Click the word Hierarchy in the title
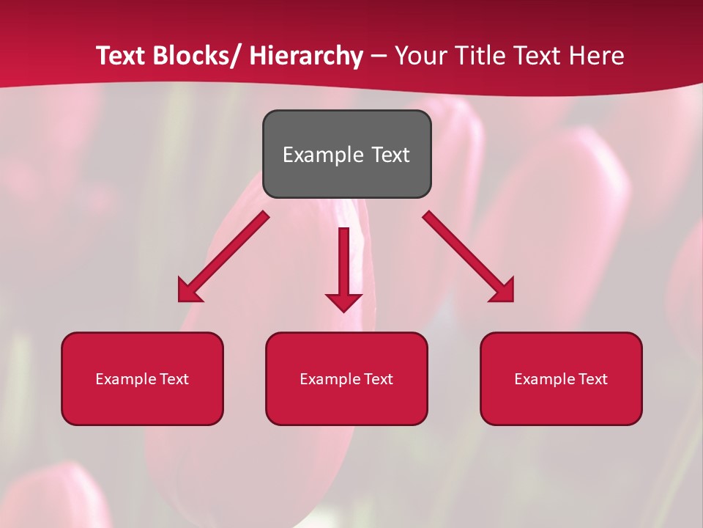coord(306,56)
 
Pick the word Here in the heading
coord(598,56)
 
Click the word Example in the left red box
coord(126,379)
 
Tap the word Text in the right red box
coord(591,379)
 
